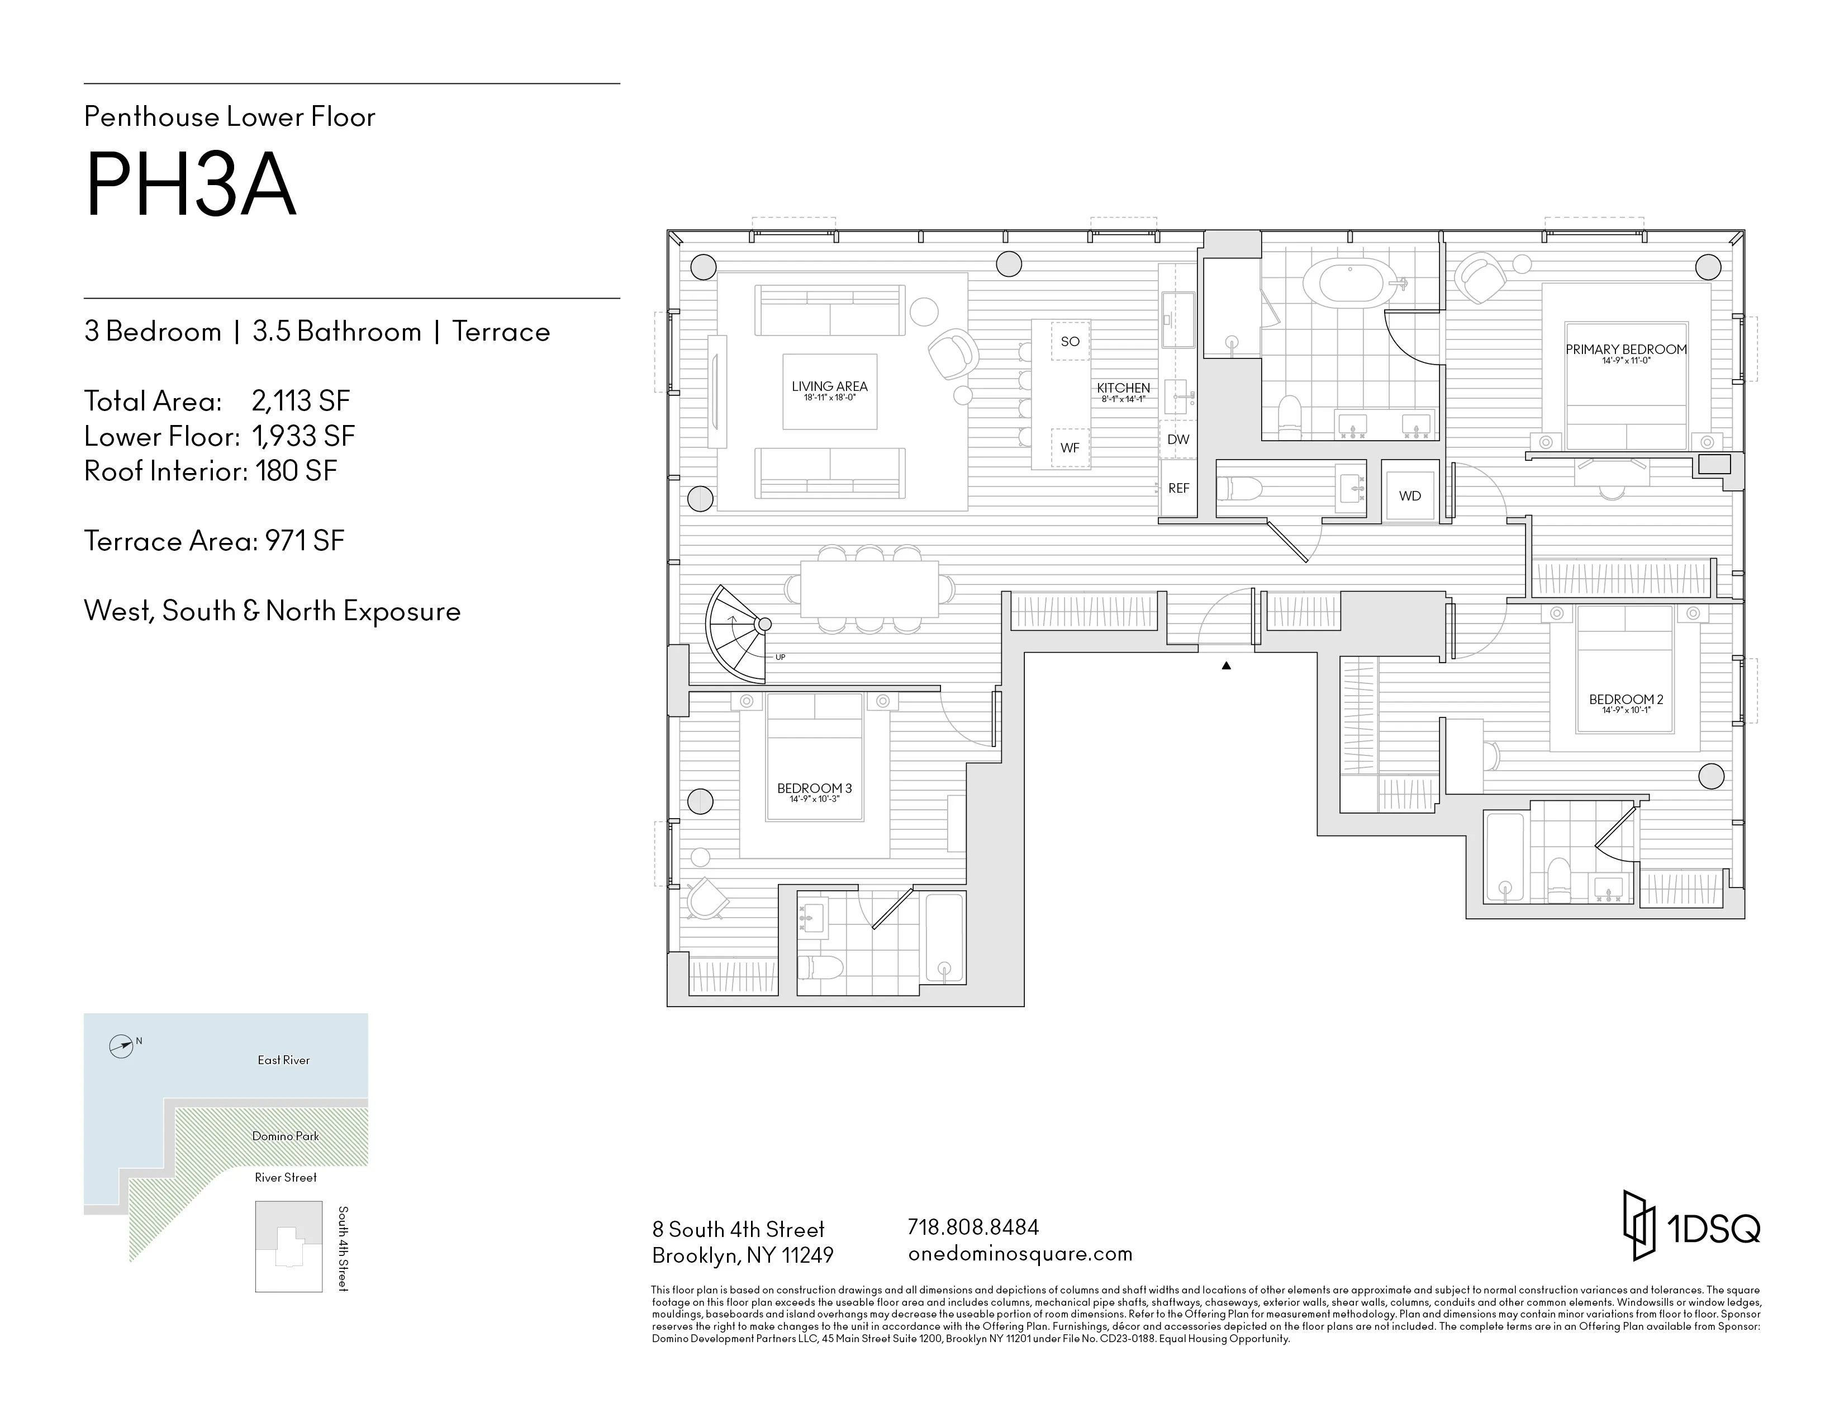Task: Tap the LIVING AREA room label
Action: (829, 387)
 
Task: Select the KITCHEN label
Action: (1123, 388)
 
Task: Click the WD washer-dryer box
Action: (1410, 496)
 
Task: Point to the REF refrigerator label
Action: (1178, 488)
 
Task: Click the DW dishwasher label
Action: (1178, 440)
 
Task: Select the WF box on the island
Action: (1070, 448)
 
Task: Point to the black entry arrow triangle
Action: (1226, 665)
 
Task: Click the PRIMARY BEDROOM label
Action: (1626, 350)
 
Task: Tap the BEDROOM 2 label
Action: (1626, 700)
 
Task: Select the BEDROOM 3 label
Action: (814, 788)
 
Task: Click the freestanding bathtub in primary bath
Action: (1351, 283)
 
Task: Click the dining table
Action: (869, 589)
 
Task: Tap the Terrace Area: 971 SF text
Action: (215, 541)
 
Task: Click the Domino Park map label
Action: (286, 1136)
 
